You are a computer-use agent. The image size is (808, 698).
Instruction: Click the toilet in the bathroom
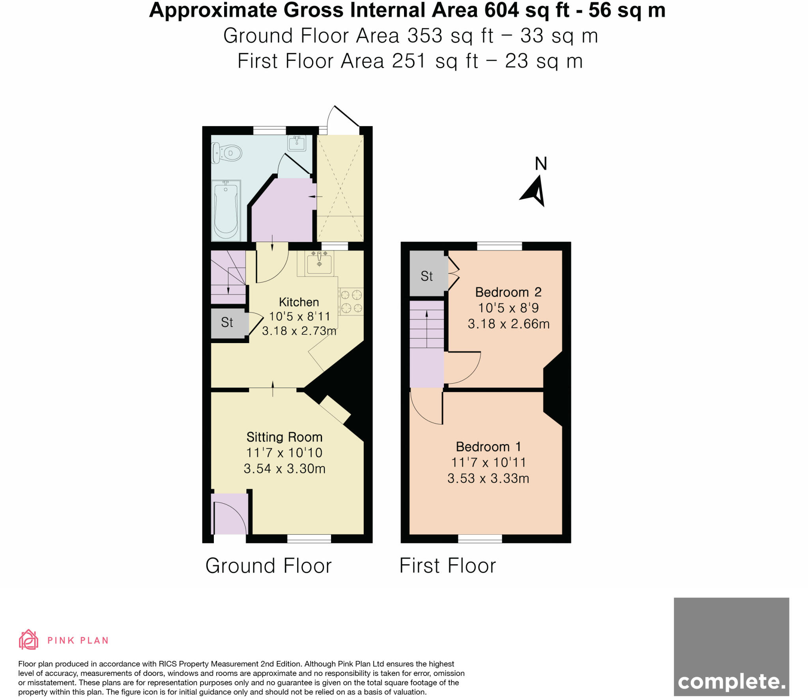coord(227,153)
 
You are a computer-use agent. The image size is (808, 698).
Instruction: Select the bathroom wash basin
coord(297,143)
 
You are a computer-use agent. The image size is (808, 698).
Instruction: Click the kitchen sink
coord(319,263)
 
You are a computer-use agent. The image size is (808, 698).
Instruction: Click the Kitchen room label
coord(299,302)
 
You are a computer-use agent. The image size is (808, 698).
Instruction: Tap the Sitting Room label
coord(284,437)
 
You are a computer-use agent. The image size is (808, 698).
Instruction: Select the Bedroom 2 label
coord(508,292)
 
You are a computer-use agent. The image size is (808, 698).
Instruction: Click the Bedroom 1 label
coord(488,447)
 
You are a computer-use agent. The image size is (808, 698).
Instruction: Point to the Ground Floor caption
coord(268,565)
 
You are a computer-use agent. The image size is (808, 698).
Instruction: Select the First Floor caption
coord(447,565)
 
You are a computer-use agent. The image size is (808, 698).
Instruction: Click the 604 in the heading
coord(501,10)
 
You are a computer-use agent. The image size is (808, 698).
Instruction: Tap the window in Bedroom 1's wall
coord(480,539)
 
